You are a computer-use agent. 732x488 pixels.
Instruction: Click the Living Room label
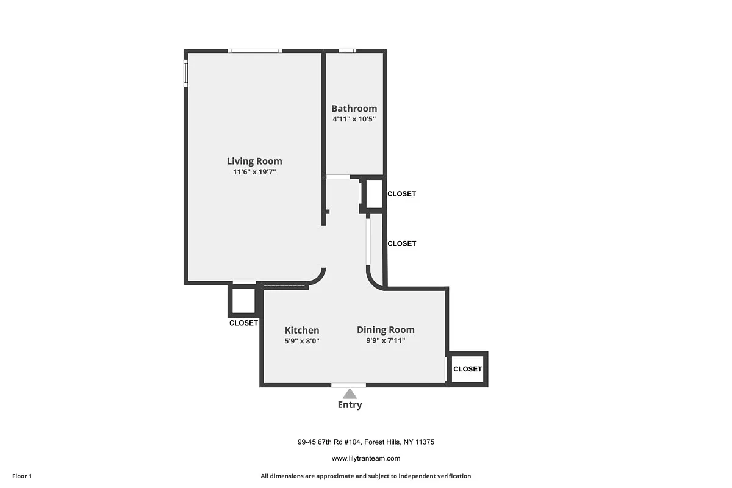pyautogui.click(x=254, y=162)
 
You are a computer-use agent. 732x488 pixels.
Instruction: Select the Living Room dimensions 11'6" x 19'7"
pyautogui.click(x=254, y=172)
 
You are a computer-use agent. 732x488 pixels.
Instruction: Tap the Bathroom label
pyautogui.click(x=354, y=109)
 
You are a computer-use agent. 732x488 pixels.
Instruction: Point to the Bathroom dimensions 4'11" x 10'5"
pyautogui.click(x=354, y=120)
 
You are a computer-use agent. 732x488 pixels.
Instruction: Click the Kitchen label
pyautogui.click(x=302, y=331)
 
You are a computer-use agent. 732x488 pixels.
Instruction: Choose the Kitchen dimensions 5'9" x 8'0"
pyautogui.click(x=302, y=341)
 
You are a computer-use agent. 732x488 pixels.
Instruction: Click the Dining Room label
pyautogui.click(x=386, y=330)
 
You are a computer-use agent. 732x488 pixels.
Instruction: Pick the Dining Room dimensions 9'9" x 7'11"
pyautogui.click(x=386, y=341)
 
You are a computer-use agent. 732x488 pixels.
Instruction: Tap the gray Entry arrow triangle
pyautogui.click(x=350, y=394)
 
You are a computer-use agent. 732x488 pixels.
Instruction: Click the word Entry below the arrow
pyautogui.click(x=350, y=405)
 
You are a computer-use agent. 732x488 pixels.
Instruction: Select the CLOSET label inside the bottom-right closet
pyautogui.click(x=468, y=369)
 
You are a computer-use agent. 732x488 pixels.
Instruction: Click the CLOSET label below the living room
pyautogui.click(x=243, y=323)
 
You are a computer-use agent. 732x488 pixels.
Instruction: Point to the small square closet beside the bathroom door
pyautogui.click(x=373, y=194)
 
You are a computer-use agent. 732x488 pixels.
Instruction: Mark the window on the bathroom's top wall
pyautogui.click(x=348, y=51)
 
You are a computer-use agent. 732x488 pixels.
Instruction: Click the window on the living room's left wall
pyautogui.click(x=185, y=73)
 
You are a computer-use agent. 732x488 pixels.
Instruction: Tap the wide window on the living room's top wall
pyautogui.click(x=255, y=51)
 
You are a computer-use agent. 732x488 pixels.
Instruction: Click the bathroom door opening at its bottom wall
pyautogui.click(x=338, y=177)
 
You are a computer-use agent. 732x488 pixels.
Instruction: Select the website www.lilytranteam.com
pyautogui.click(x=365, y=458)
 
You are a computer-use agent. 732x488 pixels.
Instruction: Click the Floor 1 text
pyautogui.click(x=21, y=476)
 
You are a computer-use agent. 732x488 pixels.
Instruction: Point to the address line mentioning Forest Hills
pyautogui.click(x=365, y=442)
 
